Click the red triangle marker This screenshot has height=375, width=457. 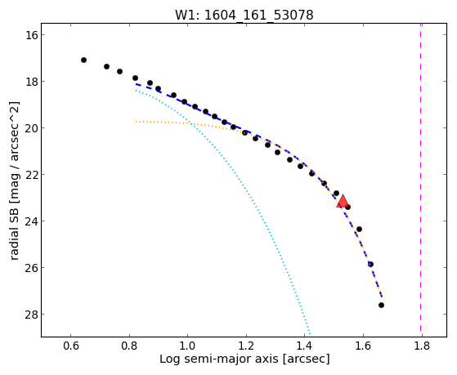[343, 201]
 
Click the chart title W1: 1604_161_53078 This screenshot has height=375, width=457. [244, 16]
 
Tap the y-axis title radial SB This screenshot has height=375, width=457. [14, 181]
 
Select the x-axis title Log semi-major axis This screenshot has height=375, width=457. [244, 359]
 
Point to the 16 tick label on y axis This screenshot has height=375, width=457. [31, 35]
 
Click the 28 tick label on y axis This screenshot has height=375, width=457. [31, 314]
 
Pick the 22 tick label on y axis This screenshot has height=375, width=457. [31, 175]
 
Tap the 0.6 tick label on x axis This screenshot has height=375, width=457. [71, 346]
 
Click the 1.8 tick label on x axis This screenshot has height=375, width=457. [422, 346]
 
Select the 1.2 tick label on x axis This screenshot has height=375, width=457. [246, 346]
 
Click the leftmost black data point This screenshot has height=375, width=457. [83, 60]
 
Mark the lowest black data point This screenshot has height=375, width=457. [381, 305]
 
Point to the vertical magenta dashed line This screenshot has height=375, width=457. [420, 180]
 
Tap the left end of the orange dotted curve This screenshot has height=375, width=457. [136, 122]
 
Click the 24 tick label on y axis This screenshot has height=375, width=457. [31, 221]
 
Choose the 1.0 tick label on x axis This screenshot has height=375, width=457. [188, 346]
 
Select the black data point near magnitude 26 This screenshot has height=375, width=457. [370, 264]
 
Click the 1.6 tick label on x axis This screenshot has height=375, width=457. [363, 346]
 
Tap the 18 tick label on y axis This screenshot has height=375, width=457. [31, 82]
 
